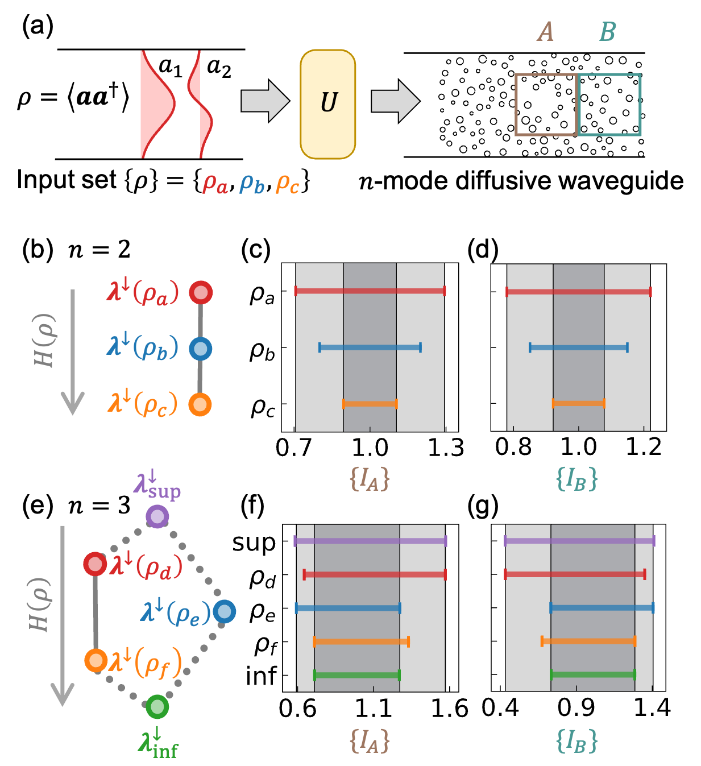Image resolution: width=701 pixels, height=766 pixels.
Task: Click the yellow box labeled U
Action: click(x=327, y=103)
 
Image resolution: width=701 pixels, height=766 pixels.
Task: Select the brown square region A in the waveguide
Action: click(x=546, y=105)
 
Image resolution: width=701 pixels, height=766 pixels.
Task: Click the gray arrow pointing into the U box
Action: click(x=265, y=101)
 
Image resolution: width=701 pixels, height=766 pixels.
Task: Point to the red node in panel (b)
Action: click(x=200, y=292)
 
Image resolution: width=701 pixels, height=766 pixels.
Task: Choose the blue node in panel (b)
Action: click(x=200, y=348)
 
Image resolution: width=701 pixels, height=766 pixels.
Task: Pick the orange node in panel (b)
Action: click(x=200, y=404)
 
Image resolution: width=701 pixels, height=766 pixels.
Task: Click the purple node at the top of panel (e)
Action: click(x=157, y=517)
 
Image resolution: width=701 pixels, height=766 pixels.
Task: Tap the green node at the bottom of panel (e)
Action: click(x=157, y=707)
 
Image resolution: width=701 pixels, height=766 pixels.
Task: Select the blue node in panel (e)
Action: click(x=225, y=611)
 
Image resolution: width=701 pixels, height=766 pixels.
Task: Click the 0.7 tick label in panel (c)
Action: click(x=294, y=448)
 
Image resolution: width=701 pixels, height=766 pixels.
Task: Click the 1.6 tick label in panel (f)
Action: click(x=449, y=709)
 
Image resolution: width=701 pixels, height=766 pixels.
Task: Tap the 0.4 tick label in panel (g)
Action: click(x=500, y=708)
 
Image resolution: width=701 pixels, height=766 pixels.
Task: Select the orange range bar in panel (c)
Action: click(x=370, y=404)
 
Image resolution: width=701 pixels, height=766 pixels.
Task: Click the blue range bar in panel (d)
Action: click(x=578, y=347)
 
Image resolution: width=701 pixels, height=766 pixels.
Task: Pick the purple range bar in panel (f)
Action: click(x=370, y=541)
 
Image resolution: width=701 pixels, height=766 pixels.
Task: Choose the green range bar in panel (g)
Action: click(x=592, y=675)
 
